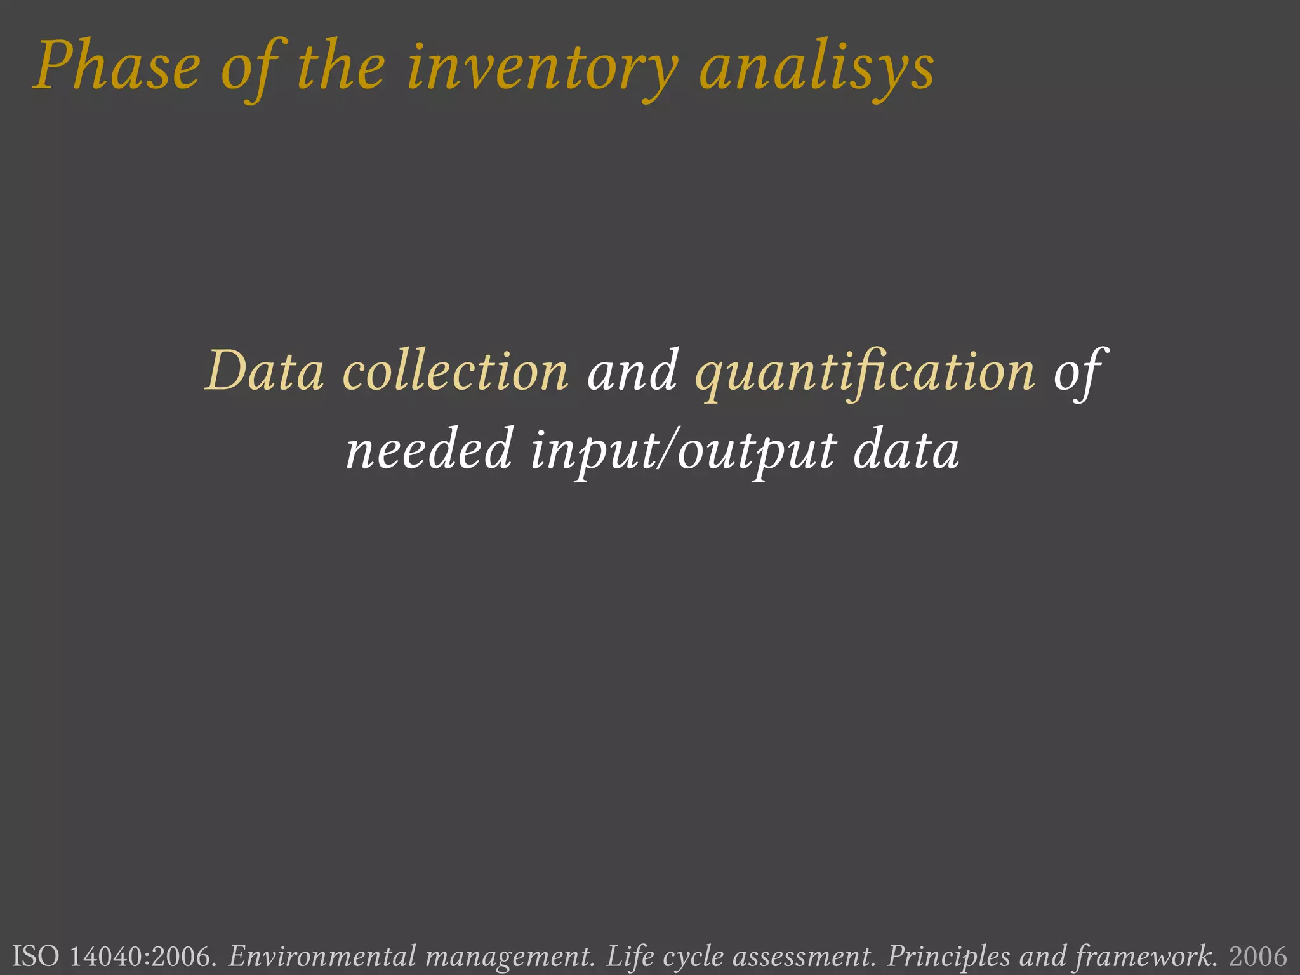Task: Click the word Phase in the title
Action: (117, 67)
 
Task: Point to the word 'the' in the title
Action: (341, 67)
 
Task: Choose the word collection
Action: (455, 371)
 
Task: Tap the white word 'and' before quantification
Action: (632, 371)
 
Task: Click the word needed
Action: (429, 450)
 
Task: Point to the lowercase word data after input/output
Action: (906, 450)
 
